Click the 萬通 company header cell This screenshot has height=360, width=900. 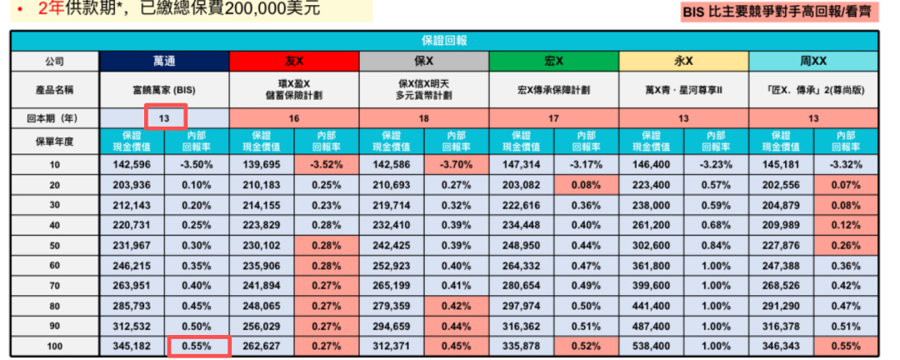click(x=164, y=62)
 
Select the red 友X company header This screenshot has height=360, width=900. click(x=294, y=62)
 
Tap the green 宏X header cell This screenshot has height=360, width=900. click(x=554, y=62)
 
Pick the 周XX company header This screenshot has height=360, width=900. click(x=813, y=62)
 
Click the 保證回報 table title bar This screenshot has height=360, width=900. click(x=445, y=41)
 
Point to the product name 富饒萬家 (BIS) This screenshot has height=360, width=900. click(x=164, y=90)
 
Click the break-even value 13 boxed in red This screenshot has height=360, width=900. click(x=164, y=118)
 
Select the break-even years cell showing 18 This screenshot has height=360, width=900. click(x=424, y=118)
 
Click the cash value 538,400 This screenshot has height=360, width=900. click(x=652, y=346)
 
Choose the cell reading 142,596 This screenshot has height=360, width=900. click(x=132, y=164)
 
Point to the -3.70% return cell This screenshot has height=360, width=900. click(x=457, y=164)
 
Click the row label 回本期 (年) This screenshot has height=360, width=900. click(x=55, y=118)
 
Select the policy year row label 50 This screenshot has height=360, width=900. click(x=55, y=245)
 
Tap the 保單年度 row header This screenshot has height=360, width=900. click(x=55, y=141)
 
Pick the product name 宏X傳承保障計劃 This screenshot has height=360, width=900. click(x=554, y=90)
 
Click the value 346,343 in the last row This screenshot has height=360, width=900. click(x=781, y=346)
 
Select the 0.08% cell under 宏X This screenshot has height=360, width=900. click(x=587, y=184)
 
